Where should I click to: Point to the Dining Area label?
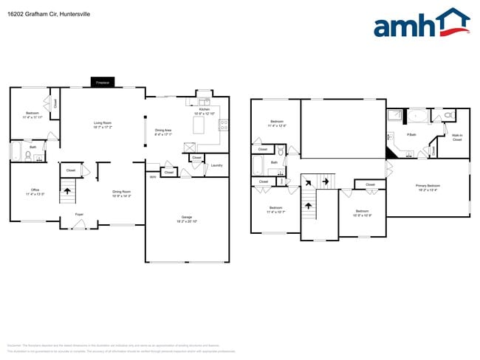click(x=163, y=132)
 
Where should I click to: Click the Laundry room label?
click(x=216, y=165)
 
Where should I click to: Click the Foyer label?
click(x=79, y=214)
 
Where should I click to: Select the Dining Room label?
click(x=121, y=193)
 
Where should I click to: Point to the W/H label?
click(x=153, y=177)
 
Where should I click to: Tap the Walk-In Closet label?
click(x=457, y=138)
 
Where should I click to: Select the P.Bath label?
click(x=411, y=135)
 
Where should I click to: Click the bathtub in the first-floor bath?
click(x=16, y=153)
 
